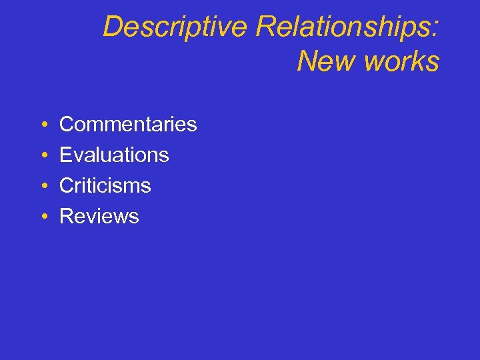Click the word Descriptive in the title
tap(175, 27)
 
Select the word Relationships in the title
tap(343, 27)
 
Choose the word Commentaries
tap(128, 124)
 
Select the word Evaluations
tap(114, 155)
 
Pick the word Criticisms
tap(105, 185)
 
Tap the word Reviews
tap(99, 216)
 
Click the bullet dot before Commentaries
tap(42, 125)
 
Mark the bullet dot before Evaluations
tap(42, 155)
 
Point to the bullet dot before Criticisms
tap(42, 186)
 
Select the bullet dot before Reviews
tap(42, 217)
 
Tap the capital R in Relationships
tap(265, 27)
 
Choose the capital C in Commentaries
tap(67, 124)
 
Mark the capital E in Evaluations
tap(66, 155)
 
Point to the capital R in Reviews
tap(67, 216)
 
